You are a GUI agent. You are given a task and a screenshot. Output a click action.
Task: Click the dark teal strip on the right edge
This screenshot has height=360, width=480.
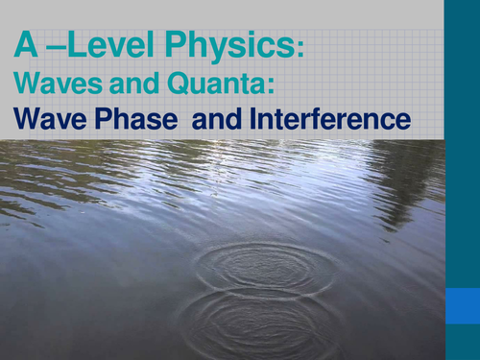point(462,144)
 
